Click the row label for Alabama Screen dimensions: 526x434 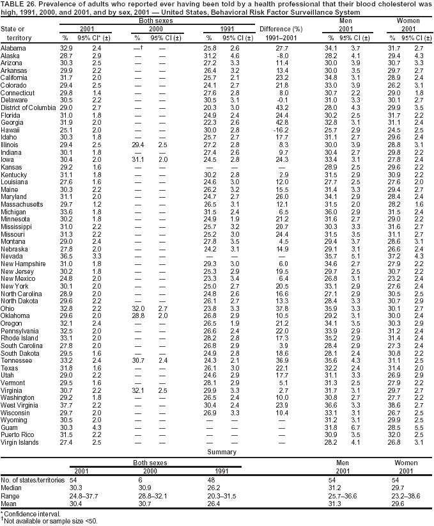13,49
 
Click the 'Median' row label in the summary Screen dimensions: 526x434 12,486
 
